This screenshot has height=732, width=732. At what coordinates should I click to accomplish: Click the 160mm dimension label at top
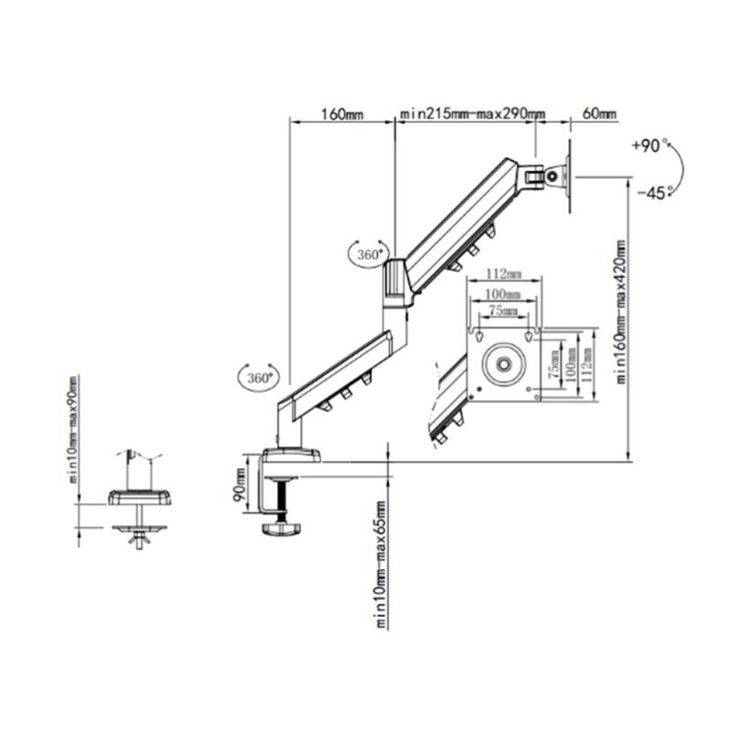(x=342, y=114)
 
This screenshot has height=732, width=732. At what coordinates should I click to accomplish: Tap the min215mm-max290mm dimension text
(x=473, y=114)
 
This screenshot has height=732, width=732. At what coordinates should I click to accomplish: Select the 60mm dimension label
(x=599, y=113)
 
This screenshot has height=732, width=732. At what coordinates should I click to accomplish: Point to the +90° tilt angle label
(x=650, y=145)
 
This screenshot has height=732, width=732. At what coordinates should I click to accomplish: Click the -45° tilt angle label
(x=654, y=192)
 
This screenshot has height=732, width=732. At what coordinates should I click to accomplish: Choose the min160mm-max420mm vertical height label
(x=620, y=312)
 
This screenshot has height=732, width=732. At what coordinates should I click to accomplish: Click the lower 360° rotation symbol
(x=259, y=377)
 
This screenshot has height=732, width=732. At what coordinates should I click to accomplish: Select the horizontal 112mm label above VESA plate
(x=504, y=274)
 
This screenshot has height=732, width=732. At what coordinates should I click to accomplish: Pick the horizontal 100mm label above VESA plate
(x=502, y=294)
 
